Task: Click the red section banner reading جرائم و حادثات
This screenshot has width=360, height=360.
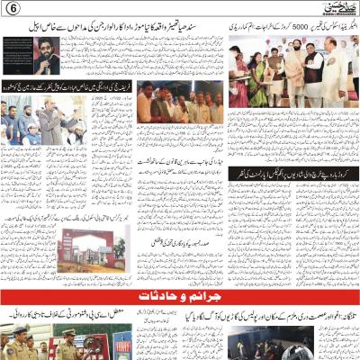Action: point(180,297)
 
